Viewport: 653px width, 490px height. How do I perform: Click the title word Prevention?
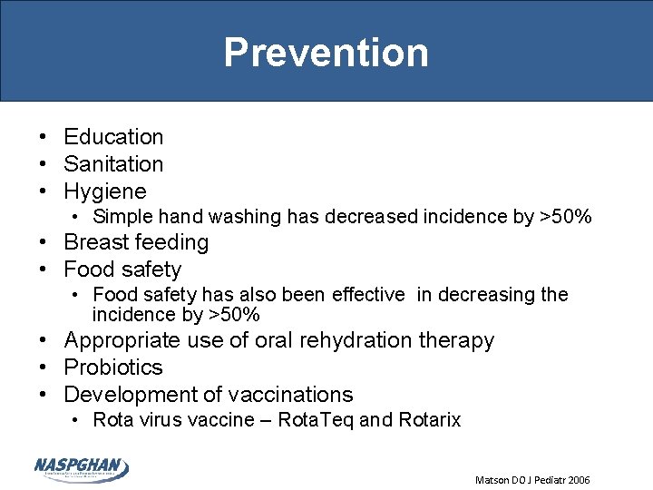pos(326,53)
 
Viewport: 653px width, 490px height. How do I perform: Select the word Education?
pos(113,137)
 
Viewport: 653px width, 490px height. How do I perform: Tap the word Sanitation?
pos(113,164)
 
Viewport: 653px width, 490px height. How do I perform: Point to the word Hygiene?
pos(104,191)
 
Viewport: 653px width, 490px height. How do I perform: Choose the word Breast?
pos(94,242)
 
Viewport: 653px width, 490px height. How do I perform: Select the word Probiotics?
pos(113,367)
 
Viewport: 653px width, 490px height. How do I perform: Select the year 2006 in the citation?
pos(576,479)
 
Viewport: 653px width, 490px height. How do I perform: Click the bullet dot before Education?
pos(43,137)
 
